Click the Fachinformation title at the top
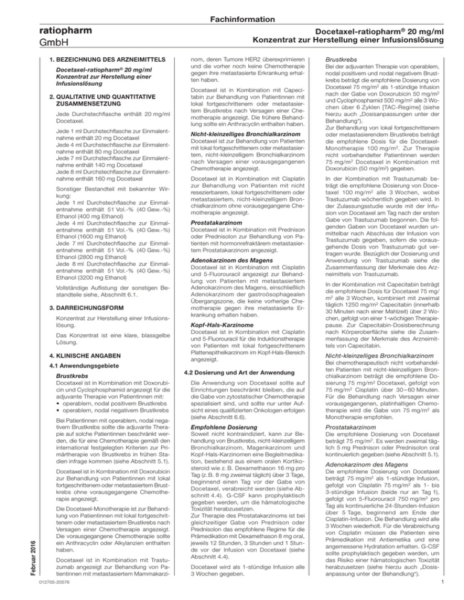pos(231,7)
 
